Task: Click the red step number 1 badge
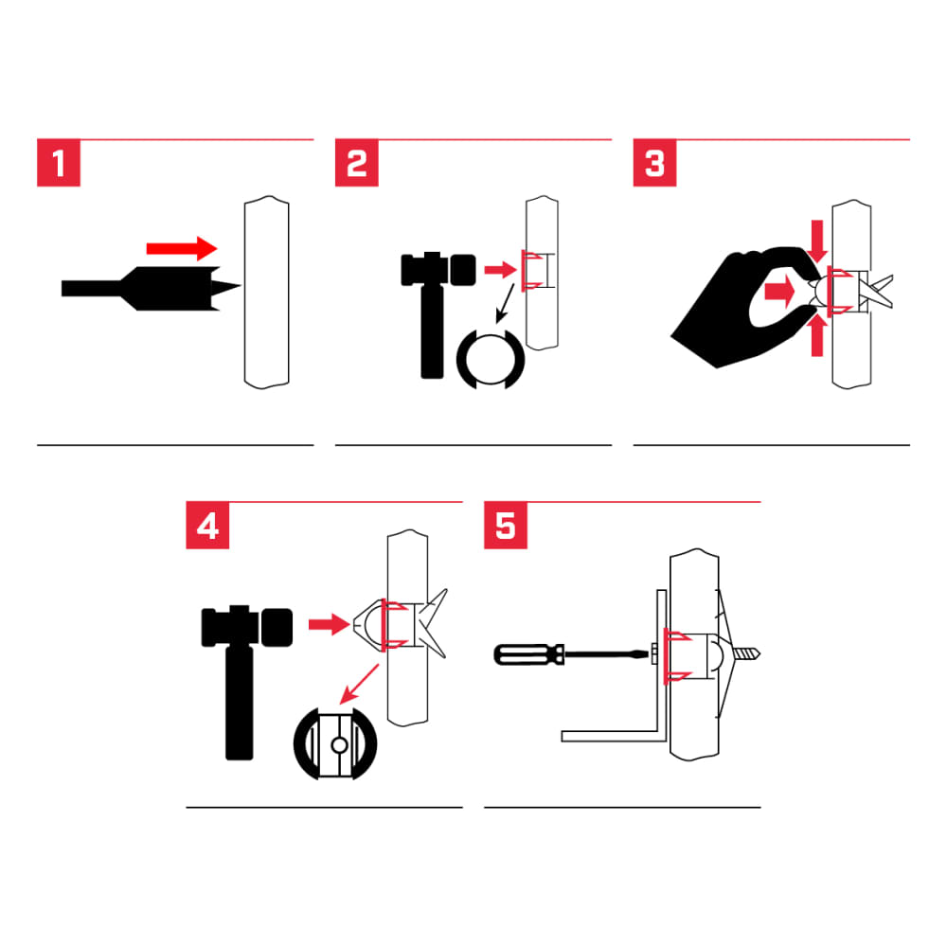click(x=58, y=164)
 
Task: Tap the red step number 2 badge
click(x=357, y=164)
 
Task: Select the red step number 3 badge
click(x=654, y=164)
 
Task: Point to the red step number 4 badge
click(x=207, y=526)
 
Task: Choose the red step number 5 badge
click(x=506, y=526)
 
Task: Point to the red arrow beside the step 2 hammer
click(x=497, y=270)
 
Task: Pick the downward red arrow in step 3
click(x=819, y=242)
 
